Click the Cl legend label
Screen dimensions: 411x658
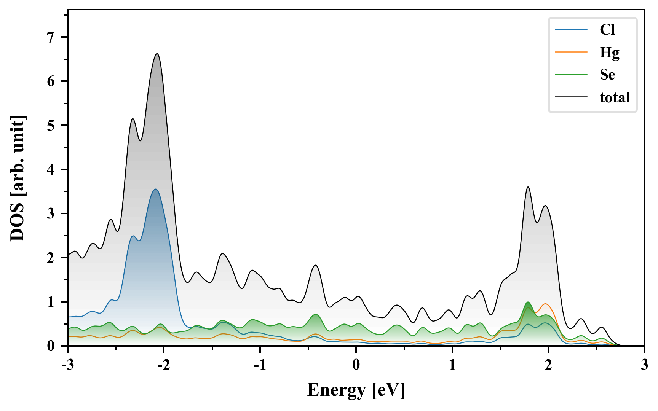607,30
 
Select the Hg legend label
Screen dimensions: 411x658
609,52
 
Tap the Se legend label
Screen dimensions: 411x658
607,75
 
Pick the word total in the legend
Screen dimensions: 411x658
615,97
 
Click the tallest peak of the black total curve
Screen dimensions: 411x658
157,54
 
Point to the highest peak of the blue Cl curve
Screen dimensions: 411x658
155,189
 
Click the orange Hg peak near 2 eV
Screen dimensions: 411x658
545,304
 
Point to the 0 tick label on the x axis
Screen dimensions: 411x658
356,365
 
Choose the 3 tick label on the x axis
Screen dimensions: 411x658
644,365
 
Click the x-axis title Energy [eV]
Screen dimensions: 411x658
356,390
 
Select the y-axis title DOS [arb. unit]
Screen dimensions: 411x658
18,178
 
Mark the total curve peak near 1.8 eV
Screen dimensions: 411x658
528,187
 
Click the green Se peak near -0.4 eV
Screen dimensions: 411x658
315,314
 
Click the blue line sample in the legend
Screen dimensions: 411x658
571,30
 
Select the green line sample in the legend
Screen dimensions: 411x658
571,75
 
